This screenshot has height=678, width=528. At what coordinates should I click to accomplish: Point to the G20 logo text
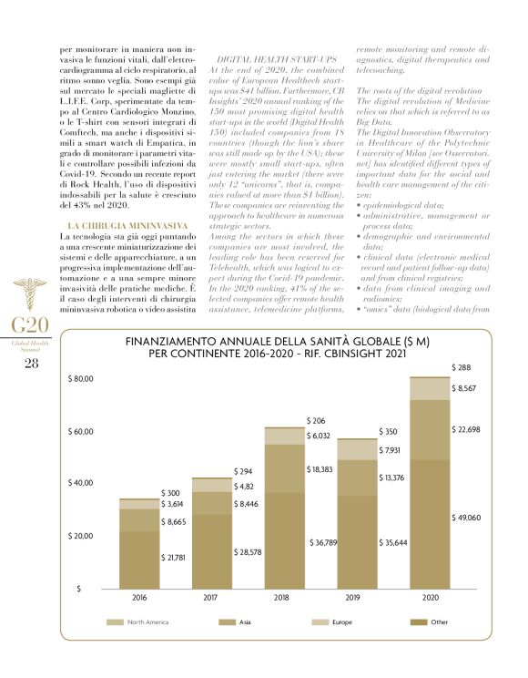pos(25,325)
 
